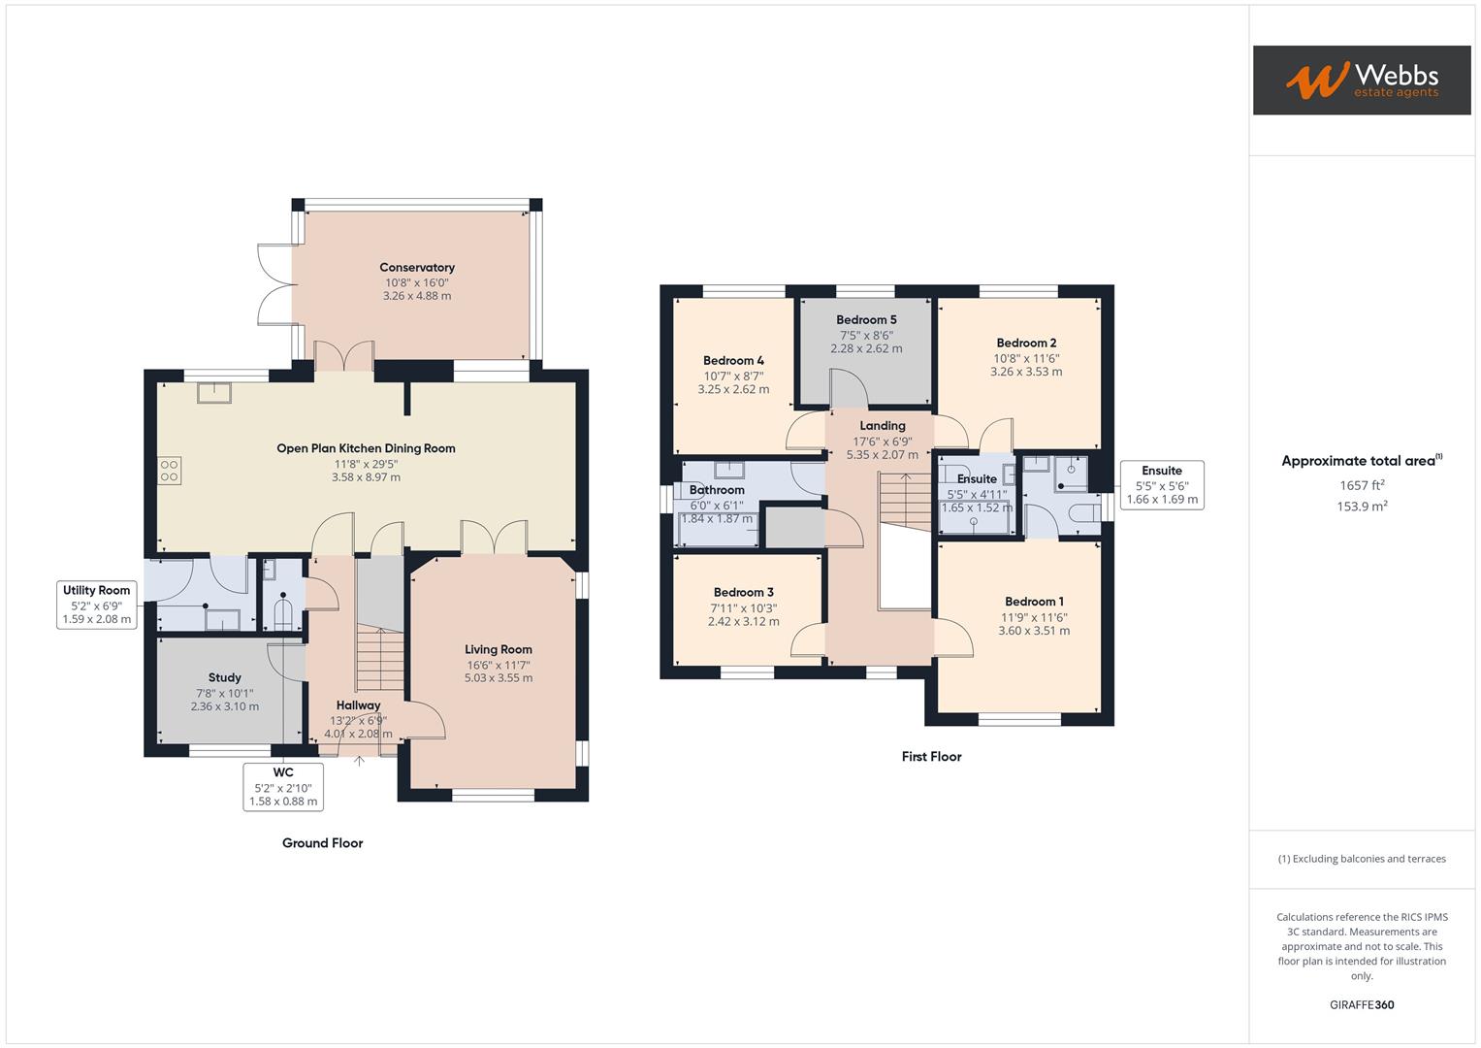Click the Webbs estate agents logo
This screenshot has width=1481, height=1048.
tap(1361, 81)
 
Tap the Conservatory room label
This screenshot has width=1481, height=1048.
tap(417, 268)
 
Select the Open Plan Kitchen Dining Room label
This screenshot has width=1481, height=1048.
tap(366, 448)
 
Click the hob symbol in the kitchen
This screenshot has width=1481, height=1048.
tap(170, 471)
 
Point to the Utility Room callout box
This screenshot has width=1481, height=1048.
tap(97, 605)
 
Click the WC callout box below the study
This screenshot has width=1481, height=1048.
tap(283, 787)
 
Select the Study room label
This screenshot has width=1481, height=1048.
tap(225, 678)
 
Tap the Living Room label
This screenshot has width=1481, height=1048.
tap(498, 650)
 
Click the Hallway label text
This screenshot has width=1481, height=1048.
tap(358, 705)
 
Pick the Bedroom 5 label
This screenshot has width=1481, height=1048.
tap(866, 320)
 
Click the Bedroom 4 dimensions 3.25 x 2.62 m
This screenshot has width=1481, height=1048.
tap(733, 389)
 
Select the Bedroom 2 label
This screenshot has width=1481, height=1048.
tap(1026, 344)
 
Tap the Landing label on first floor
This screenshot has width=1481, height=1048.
tap(882, 426)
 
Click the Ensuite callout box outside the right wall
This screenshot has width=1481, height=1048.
tap(1162, 485)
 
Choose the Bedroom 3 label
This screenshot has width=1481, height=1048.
tap(743, 593)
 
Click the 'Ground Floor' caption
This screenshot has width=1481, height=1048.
tap(322, 843)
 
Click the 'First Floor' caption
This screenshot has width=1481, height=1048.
tap(931, 757)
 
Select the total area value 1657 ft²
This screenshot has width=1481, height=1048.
tap(1362, 485)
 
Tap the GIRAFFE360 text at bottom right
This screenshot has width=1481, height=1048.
tap(1361, 1004)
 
